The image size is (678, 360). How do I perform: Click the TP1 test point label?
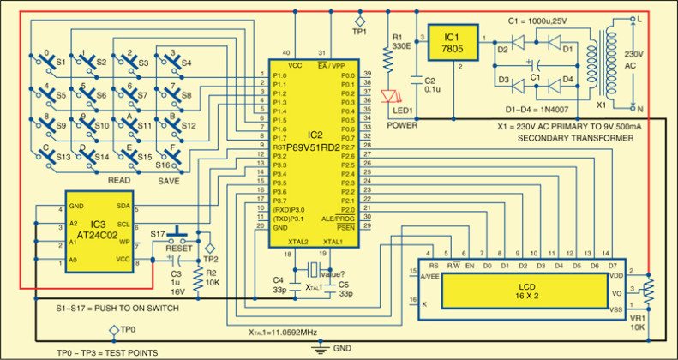coord(359,33)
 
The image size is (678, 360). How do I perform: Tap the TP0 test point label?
coord(125,329)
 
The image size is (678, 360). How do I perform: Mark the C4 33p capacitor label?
coord(280,285)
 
